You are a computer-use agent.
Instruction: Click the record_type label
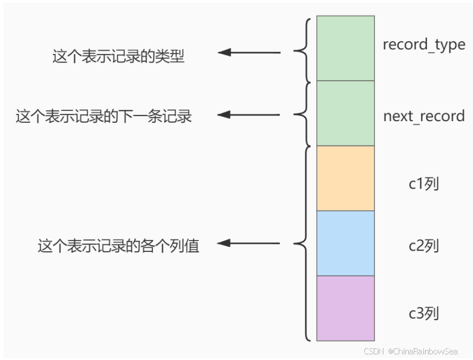coord(424,45)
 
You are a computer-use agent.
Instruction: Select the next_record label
coord(424,117)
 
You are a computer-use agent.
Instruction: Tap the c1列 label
coord(423,184)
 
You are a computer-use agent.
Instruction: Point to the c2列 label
coord(423,246)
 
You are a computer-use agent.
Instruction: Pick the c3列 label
coord(423,313)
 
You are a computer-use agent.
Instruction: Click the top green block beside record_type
coord(346,48)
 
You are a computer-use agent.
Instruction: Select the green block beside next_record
coord(346,113)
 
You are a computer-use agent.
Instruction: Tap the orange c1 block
coord(346,178)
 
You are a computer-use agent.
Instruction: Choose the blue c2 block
coord(346,243)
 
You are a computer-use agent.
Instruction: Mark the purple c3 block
coord(346,308)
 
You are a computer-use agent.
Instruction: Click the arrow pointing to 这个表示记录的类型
coord(249,53)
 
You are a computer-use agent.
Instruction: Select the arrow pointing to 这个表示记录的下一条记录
coord(249,115)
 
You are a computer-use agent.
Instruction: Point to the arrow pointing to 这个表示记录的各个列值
coord(249,244)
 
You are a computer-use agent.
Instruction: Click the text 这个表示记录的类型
coord(118,56)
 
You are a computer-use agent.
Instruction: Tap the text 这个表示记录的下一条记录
coord(104,117)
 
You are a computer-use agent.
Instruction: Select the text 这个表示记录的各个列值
coord(118,246)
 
